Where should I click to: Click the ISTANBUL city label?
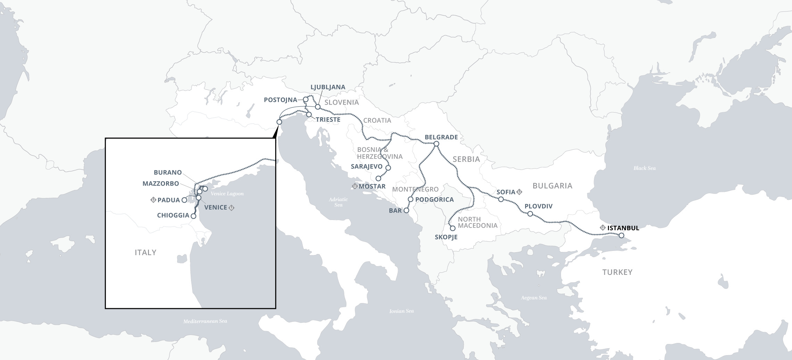[623, 228]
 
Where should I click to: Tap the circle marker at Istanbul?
[621, 236]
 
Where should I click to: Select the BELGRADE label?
[441, 137]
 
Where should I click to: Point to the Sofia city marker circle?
[501, 199]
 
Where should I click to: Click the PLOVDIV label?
[538, 206]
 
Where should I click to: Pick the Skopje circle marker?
[453, 228]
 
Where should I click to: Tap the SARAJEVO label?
[366, 166]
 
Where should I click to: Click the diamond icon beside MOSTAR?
[355, 186]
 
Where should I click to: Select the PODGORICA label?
[435, 199]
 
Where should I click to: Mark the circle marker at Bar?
[406, 211]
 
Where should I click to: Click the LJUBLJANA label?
[328, 87]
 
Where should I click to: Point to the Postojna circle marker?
[306, 99]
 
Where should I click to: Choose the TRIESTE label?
[328, 120]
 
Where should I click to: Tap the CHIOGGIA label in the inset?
[173, 215]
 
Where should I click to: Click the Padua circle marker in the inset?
[184, 200]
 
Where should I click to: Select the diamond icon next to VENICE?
[232, 207]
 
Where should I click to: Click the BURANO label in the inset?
[168, 172]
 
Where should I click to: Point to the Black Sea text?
[644, 168]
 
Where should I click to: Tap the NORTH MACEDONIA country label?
[478, 222]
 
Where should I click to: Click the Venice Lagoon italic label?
[227, 194]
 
